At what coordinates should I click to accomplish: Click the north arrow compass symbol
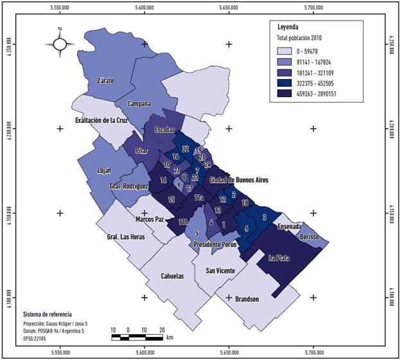59,43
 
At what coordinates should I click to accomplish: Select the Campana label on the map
138,104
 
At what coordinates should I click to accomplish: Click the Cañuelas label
172,276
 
